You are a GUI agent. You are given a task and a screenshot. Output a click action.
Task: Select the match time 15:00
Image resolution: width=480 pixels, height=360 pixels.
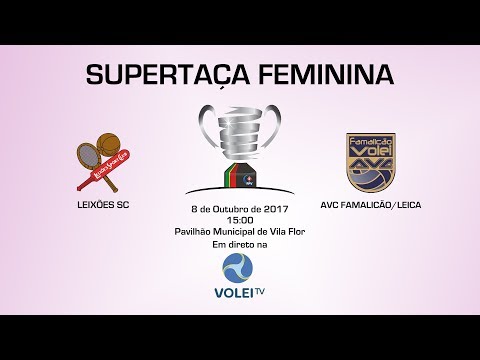point(239,219)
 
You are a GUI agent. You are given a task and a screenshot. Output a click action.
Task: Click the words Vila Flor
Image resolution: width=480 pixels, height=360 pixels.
point(275,230)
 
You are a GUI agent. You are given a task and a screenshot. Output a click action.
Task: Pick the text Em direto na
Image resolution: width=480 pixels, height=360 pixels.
point(239,241)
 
